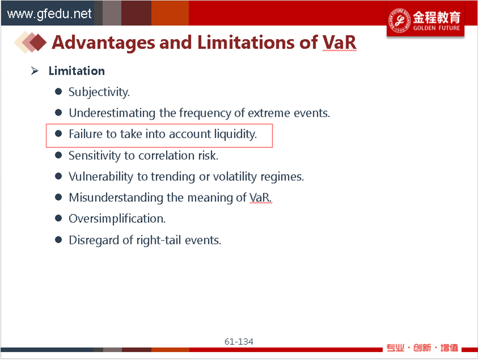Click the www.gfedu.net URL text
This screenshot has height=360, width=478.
click(49, 14)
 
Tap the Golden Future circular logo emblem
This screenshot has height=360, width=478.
click(399, 20)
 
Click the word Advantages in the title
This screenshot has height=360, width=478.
click(103, 43)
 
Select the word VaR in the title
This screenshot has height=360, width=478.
click(339, 42)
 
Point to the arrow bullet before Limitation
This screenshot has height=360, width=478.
click(35, 71)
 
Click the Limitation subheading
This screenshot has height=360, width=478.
click(76, 71)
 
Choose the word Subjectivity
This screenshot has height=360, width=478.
click(99, 92)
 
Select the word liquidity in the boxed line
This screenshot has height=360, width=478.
click(236, 134)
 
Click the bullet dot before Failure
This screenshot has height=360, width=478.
click(58, 134)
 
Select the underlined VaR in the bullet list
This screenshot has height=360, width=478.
click(260, 198)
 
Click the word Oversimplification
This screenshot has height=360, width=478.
click(117, 219)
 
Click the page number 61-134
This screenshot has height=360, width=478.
click(238, 342)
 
